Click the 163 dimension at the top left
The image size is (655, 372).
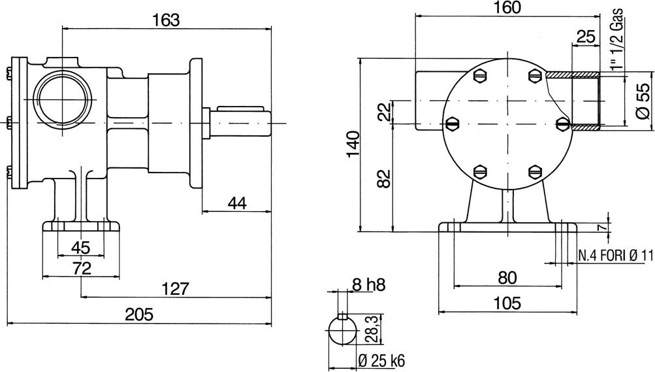[x=166, y=20]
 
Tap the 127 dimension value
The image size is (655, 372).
[x=175, y=288]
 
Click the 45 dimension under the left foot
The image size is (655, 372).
[x=80, y=248]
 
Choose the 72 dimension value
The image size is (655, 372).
[x=81, y=268]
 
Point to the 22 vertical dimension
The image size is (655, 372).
[x=383, y=112]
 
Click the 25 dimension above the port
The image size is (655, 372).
[x=586, y=37]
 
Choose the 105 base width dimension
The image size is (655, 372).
[x=507, y=303]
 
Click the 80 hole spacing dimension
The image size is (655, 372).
[x=507, y=278]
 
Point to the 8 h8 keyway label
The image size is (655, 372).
[x=368, y=284]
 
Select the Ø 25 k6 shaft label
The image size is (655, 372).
[x=382, y=360]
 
